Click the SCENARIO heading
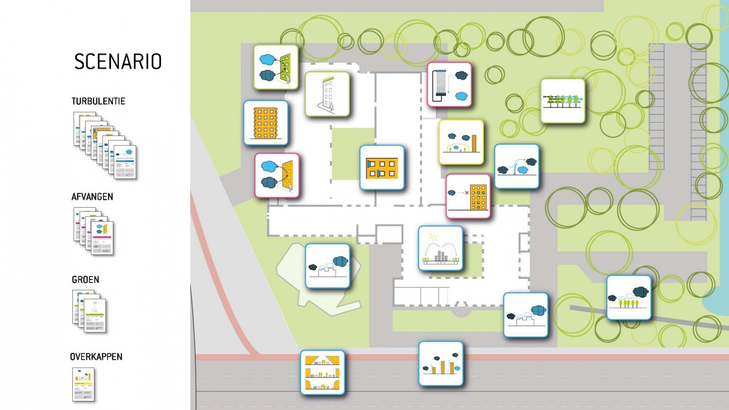pyautogui.click(x=118, y=61)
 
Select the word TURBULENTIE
pyautogui.click(x=98, y=101)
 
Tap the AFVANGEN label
pyautogui.click(x=92, y=197)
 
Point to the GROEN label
pyautogui.click(x=85, y=280)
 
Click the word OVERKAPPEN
pyautogui.click(x=97, y=357)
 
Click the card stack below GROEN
pyautogui.click(x=89, y=310)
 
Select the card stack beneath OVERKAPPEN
pyautogui.click(x=83, y=384)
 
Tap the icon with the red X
pyautogui.click(x=468, y=196)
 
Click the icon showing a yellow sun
pyautogui.click(x=440, y=248)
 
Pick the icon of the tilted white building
pyautogui.click(x=327, y=94)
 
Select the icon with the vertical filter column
pyautogui.click(x=449, y=85)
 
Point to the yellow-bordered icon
pyautogui.click(x=461, y=142)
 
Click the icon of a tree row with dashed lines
pyautogui.click(x=563, y=101)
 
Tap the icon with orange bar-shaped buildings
pyautogui.click(x=440, y=363)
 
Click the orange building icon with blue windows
pyautogui.click(x=382, y=168)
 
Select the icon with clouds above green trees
pyautogui.click(x=629, y=298)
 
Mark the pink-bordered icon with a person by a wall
pyautogui.click(x=276, y=175)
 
